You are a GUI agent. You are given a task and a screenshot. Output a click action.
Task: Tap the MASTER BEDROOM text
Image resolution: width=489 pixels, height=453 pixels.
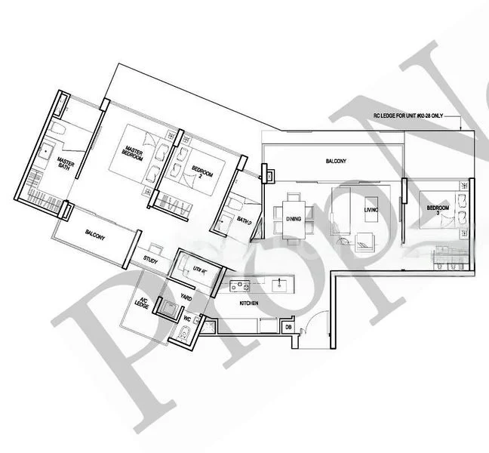pos(133,151)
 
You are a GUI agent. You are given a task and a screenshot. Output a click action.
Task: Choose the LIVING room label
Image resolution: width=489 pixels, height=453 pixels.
pos(370,210)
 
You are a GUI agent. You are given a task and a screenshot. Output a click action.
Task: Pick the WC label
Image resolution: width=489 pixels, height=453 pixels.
pos(186,320)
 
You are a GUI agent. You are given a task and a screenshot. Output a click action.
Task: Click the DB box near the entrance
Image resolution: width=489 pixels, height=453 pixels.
pos(288,327)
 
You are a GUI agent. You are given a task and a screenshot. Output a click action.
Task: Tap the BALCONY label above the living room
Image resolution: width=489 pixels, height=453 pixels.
pos(336,162)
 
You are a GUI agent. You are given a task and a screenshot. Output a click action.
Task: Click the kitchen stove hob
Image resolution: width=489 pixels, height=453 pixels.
pos(241,285)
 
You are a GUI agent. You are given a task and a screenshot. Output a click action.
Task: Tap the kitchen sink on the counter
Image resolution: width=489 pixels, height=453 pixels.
pos(280,285)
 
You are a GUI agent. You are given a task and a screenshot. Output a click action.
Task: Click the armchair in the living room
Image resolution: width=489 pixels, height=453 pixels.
pos(364,241)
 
